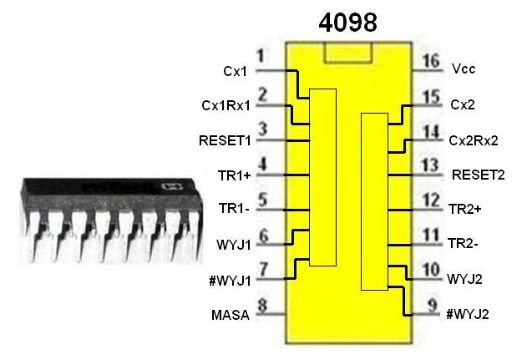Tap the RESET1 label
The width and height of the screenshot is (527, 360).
coord(225,139)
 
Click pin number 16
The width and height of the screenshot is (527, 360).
coord(431,62)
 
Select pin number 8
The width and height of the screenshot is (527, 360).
coord(261,306)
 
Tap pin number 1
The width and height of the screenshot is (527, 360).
coord(261,56)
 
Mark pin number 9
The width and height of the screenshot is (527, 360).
coord(431,306)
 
